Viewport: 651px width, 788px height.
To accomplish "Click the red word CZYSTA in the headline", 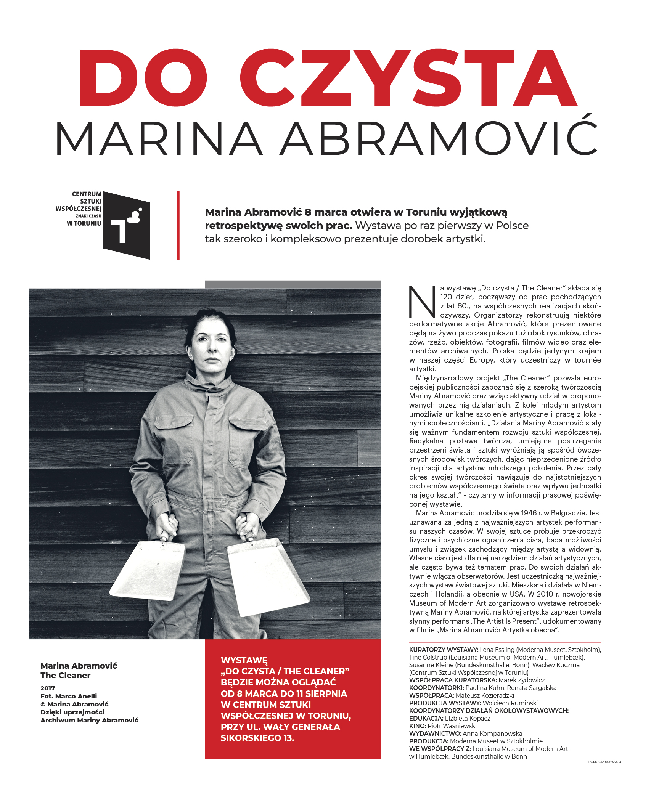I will [408, 78].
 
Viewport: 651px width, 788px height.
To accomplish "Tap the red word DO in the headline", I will [143, 78].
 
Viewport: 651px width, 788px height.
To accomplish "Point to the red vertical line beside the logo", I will [178, 225].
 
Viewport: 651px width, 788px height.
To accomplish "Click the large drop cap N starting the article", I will [422, 302].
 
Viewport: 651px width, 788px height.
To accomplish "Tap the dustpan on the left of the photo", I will [148, 570].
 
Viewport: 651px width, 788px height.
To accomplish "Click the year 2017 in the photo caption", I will [48, 688].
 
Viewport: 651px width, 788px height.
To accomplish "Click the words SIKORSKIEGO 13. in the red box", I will [257, 738].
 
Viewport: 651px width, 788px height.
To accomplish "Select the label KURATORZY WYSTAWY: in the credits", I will [444, 650].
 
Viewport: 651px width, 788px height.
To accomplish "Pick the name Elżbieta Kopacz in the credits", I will [468, 718].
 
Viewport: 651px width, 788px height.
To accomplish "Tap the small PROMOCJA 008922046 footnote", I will [604, 762].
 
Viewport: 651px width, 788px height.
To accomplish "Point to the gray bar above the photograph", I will [293, 284].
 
